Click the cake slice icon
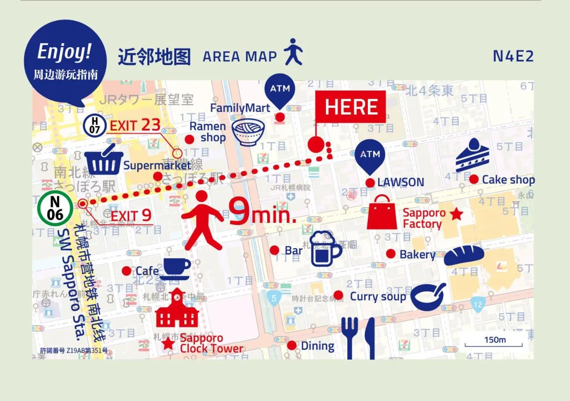(472, 155)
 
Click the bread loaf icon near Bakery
(464, 255)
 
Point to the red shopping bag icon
(382, 213)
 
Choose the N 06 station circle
(55, 208)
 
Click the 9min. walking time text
(263, 213)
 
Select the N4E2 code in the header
(513, 57)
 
